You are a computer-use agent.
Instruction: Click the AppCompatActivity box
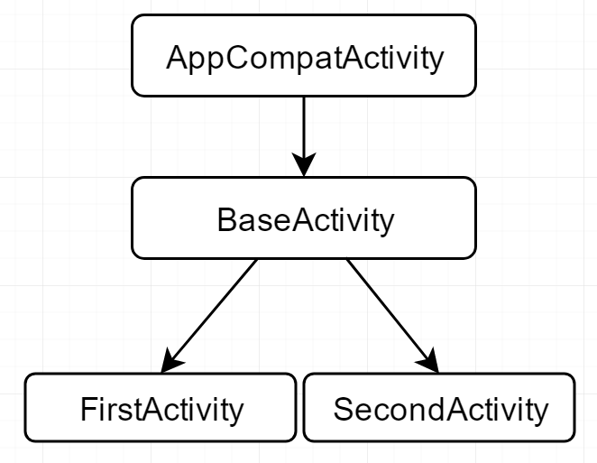click(304, 56)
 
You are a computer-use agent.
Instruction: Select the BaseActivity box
click(304, 218)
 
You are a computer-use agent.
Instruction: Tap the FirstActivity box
click(161, 408)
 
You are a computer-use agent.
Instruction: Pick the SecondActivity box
click(439, 408)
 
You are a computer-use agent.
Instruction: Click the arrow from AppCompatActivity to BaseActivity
click(304, 137)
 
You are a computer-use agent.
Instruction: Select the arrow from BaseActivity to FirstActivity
click(209, 316)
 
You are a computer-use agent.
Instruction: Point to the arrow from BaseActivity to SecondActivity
click(392, 316)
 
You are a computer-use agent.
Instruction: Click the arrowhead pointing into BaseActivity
click(304, 164)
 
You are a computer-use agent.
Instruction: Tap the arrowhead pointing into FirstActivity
click(170, 361)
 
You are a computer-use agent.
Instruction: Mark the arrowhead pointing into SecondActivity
click(429, 361)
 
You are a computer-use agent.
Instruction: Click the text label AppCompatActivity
click(305, 58)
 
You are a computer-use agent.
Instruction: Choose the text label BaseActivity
click(306, 220)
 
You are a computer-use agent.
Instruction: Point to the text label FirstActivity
click(161, 410)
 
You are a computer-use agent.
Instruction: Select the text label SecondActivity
click(441, 410)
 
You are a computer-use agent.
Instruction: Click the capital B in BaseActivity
click(226, 219)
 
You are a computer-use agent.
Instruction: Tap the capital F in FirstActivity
click(88, 409)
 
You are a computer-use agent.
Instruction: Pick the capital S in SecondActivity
click(344, 409)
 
